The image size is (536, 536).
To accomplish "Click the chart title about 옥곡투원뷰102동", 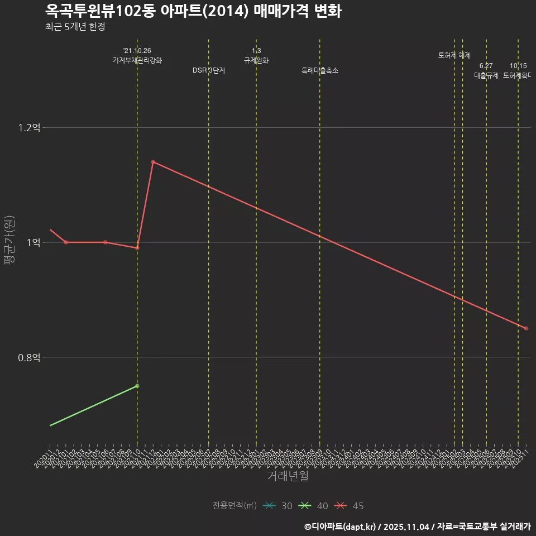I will pyautogui.click(x=193, y=11).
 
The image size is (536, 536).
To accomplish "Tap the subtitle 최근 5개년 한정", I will pyautogui.click(x=75, y=27).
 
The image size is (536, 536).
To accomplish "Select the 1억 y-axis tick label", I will pyautogui.click(x=32, y=242).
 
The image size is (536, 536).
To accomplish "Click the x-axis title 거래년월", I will pyautogui.click(x=288, y=476).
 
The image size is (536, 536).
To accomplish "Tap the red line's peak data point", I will pyautogui.click(x=153, y=162).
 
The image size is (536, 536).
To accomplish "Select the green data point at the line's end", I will pyautogui.click(x=137, y=386).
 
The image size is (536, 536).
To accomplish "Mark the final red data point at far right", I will pyautogui.click(x=526, y=328).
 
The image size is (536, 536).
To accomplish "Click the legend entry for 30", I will pyautogui.click(x=277, y=506).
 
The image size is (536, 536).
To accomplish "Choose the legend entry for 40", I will pyautogui.click(x=313, y=506).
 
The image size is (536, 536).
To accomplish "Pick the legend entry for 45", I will pyautogui.click(x=349, y=506).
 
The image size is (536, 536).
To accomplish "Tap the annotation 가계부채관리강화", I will pyautogui.click(x=137, y=60).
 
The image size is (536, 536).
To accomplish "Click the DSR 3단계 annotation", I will pyautogui.click(x=209, y=70).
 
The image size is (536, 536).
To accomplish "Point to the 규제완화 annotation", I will pyautogui.click(x=256, y=60).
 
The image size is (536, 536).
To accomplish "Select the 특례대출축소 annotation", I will pyautogui.click(x=320, y=70).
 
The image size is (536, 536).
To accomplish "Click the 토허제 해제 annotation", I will pyautogui.click(x=454, y=55).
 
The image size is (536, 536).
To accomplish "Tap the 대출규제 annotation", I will pyautogui.click(x=486, y=75).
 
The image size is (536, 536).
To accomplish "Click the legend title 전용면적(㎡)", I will pyautogui.click(x=234, y=506).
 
